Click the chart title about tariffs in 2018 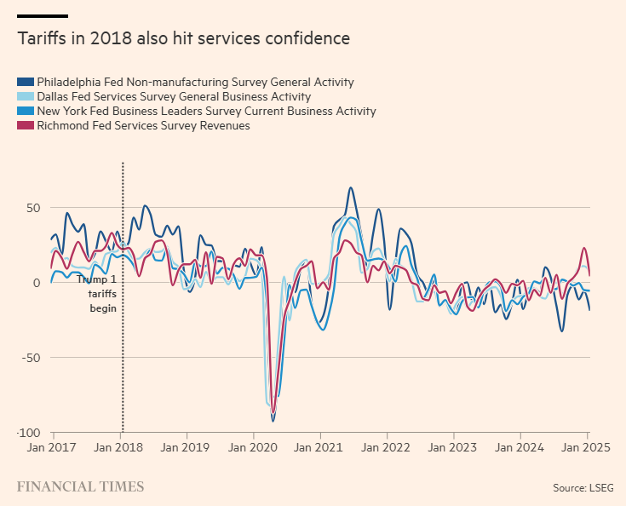[x=184, y=38]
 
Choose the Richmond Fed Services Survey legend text [x=143, y=126]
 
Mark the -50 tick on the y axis [x=32, y=358]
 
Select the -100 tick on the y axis [x=30, y=433]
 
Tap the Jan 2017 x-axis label [x=52, y=446]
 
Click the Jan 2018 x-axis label [x=118, y=446]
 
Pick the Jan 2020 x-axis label [x=252, y=446]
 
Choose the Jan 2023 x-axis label [x=452, y=446]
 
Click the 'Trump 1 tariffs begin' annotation [x=96, y=293]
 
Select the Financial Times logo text [x=81, y=487]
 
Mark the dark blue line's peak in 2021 [x=351, y=188]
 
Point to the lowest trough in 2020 [x=273, y=420]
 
